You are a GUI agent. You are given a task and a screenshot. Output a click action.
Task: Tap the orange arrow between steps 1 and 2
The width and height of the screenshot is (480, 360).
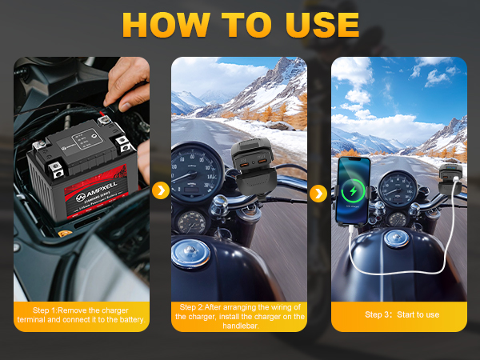pyautogui.click(x=161, y=190)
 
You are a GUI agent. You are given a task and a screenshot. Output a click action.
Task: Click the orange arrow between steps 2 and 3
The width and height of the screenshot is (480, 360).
pyautogui.click(x=318, y=194)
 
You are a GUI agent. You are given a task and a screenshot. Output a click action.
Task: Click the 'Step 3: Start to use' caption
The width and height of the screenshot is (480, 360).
pyautogui.click(x=402, y=314)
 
